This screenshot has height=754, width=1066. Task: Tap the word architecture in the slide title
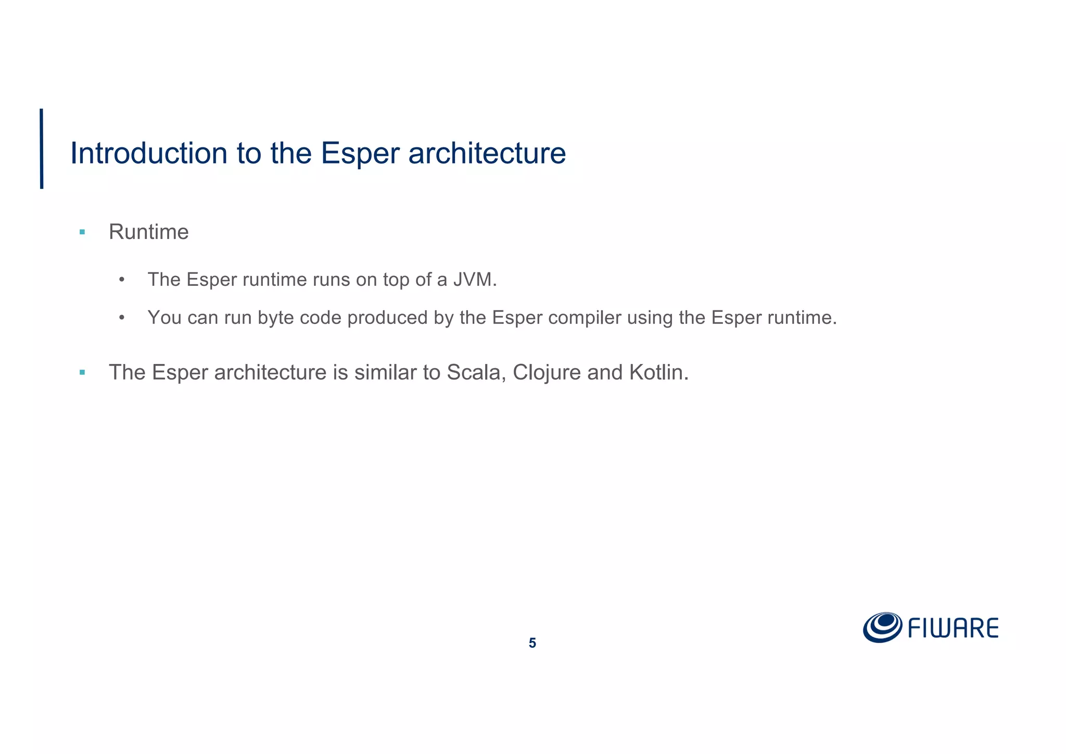(x=487, y=153)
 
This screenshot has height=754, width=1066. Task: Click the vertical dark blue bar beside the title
(x=42, y=148)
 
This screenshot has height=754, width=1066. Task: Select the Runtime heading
(x=148, y=232)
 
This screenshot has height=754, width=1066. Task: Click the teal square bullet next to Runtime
(x=82, y=232)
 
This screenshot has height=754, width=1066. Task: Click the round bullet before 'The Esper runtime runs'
(x=122, y=280)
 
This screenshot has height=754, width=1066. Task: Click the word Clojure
(x=547, y=372)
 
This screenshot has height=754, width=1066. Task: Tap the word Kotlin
(x=658, y=372)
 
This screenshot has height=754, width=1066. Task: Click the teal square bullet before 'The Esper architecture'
(x=82, y=372)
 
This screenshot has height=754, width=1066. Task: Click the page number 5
(x=532, y=644)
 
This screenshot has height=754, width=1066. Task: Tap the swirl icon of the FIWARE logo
(x=882, y=627)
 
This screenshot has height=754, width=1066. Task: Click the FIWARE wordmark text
(x=953, y=628)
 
